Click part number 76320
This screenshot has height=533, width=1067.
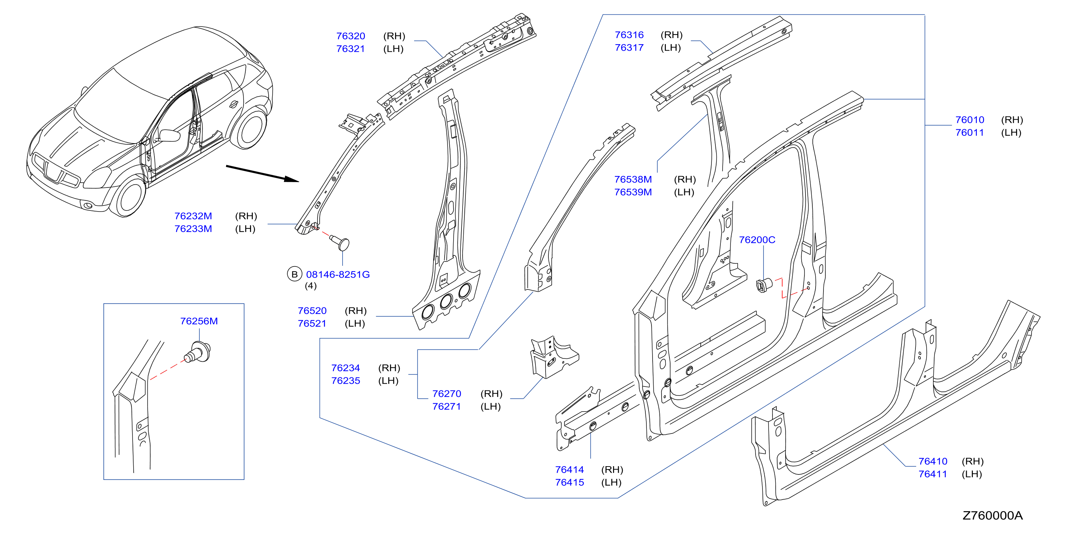point(351,36)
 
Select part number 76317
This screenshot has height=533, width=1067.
point(629,48)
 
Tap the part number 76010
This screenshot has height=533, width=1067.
point(970,120)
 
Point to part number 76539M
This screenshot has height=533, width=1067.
point(633,192)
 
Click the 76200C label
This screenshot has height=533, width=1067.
point(757,240)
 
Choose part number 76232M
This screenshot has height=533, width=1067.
point(193,216)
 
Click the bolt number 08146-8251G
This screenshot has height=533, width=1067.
point(338,274)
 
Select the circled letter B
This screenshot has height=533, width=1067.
point(294,274)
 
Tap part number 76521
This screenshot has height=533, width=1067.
point(312,324)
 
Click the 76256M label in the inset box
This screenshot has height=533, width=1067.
point(199,321)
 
